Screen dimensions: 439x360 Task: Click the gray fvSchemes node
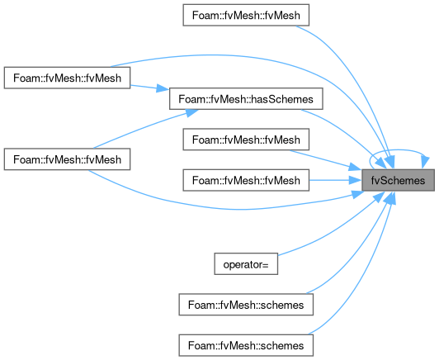(x=398, y=180)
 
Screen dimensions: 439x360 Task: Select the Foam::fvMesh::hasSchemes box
(x=246, y=99)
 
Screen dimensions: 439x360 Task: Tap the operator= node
(x=246, y=264)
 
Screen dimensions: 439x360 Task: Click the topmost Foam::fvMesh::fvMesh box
(x=246, y=15)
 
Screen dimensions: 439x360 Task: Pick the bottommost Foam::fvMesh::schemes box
(x=246, y=345)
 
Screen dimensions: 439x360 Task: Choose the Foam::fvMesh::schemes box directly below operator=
(x=246, y=305)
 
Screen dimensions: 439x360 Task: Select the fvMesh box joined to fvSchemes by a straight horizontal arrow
(x=246, y=180)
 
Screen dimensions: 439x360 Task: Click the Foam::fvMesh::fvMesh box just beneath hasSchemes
(x=246, y=140)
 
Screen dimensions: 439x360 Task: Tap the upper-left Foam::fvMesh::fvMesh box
(x=67, y=78)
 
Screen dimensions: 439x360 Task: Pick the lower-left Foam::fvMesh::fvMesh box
(x=67, y=159)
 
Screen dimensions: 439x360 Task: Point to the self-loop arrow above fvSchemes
(x=398, y=150)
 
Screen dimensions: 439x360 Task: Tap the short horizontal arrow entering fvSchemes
(x=335, y=180)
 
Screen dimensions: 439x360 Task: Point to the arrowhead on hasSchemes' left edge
(x=163, y=88)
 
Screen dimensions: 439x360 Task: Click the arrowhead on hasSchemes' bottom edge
(x=191, y=112)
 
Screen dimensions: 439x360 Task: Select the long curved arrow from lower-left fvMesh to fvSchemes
(x=224, y=208)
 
